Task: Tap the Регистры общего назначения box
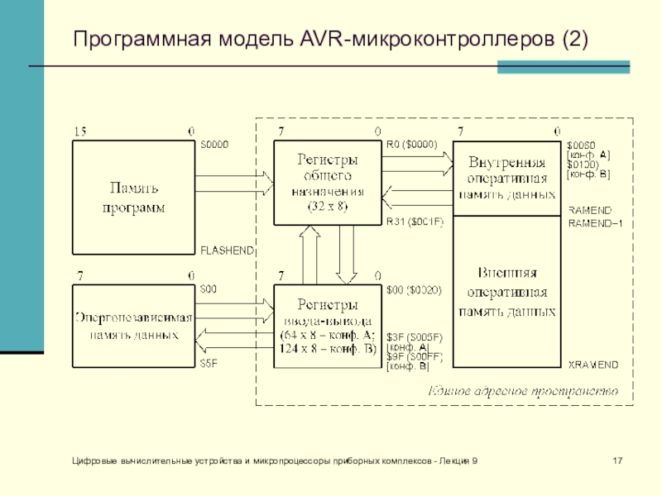click(329, 182)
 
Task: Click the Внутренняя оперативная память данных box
click(506, 177)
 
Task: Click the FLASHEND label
click(227, 250)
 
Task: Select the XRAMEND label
click(592, 365)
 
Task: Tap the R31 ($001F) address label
click(415, 222)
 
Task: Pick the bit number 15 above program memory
click(80, 131)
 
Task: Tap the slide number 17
click(616, 460)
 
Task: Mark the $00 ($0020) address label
click(415, 290)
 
